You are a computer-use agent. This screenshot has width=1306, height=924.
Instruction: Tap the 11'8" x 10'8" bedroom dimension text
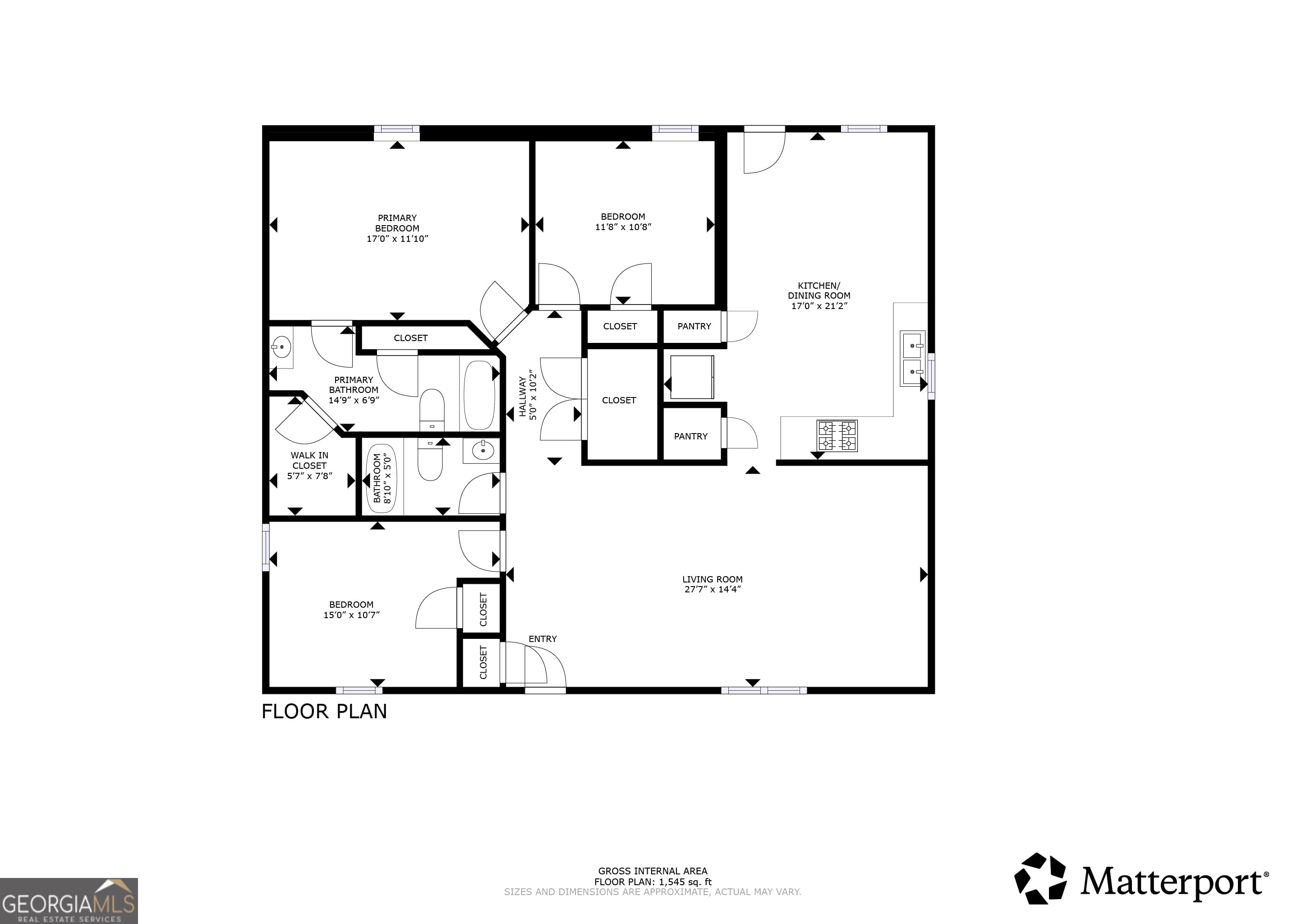click(x=623, y=227)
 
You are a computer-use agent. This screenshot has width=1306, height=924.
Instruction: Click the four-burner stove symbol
click(x=837, y=436)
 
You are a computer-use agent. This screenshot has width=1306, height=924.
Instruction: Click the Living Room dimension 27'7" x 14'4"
click(x=712, y=589)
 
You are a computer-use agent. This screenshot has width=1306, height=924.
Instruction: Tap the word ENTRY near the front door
click(x=542, y=639)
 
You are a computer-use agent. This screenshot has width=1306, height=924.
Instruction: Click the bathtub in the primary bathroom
click(x=479, y=395)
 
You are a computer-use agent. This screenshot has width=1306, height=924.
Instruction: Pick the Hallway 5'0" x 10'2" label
click(x=527, y=395)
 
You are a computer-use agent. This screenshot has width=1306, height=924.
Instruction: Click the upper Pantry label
click(x=694, y=326)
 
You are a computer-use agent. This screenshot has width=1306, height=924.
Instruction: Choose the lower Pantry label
click(x=690, y=436)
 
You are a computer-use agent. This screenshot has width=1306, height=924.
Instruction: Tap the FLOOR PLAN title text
click(x=324, y=711)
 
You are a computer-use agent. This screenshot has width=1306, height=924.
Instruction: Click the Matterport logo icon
click(x=1040, y=878)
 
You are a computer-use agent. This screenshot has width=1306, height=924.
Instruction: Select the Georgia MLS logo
click(x=69, y=901)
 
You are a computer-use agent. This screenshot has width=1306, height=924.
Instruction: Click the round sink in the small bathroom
click(x=483, y=452)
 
